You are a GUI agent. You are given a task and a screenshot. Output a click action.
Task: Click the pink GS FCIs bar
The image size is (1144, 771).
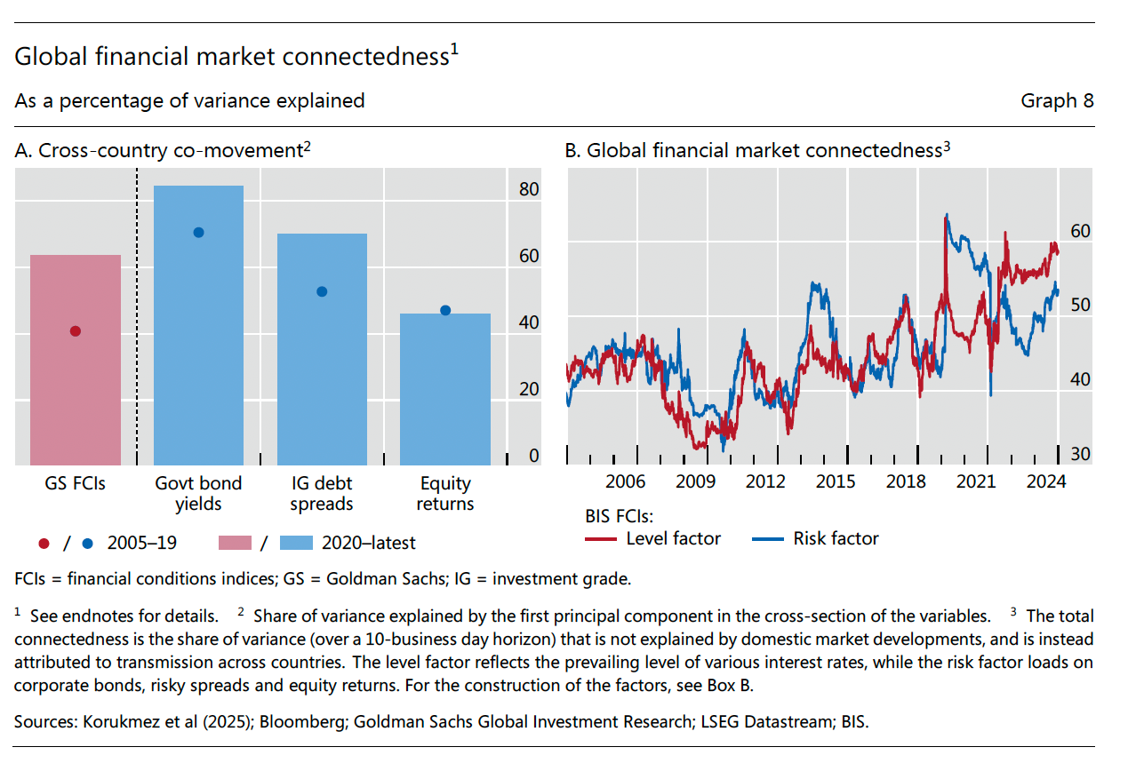(x=76, y=360)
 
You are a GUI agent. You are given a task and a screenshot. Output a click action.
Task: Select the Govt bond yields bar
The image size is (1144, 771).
(x=198, y=325)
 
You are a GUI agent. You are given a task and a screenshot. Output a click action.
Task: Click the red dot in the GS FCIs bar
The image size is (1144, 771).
(x=76, y=331)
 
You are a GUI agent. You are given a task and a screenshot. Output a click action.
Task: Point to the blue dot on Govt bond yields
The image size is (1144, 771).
(x=199, y=233)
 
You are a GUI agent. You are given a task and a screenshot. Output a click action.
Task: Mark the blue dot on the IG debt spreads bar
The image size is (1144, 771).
(x=323, y=291)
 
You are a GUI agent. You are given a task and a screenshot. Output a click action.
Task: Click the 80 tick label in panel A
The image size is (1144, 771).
(x=529, y=189)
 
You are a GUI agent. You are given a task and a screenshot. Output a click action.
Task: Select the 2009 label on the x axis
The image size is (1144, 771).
(x=695, y=482)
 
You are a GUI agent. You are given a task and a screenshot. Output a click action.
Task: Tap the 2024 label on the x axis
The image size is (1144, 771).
(x=1046, y=482)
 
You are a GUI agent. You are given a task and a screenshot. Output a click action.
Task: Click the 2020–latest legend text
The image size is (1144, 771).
(x=368, y=543)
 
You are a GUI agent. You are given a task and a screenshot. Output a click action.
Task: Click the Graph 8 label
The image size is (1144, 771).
(x=1057, y=100)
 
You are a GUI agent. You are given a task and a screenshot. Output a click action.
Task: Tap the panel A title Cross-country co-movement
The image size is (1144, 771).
(x=163, y=151)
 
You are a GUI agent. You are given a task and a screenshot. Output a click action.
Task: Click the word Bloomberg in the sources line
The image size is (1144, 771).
(x=306, y=722)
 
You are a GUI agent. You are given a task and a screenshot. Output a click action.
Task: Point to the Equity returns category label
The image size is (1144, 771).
(x=445, y=494)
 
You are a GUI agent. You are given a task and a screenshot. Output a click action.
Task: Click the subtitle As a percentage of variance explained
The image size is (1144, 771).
(x=189, y=100)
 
